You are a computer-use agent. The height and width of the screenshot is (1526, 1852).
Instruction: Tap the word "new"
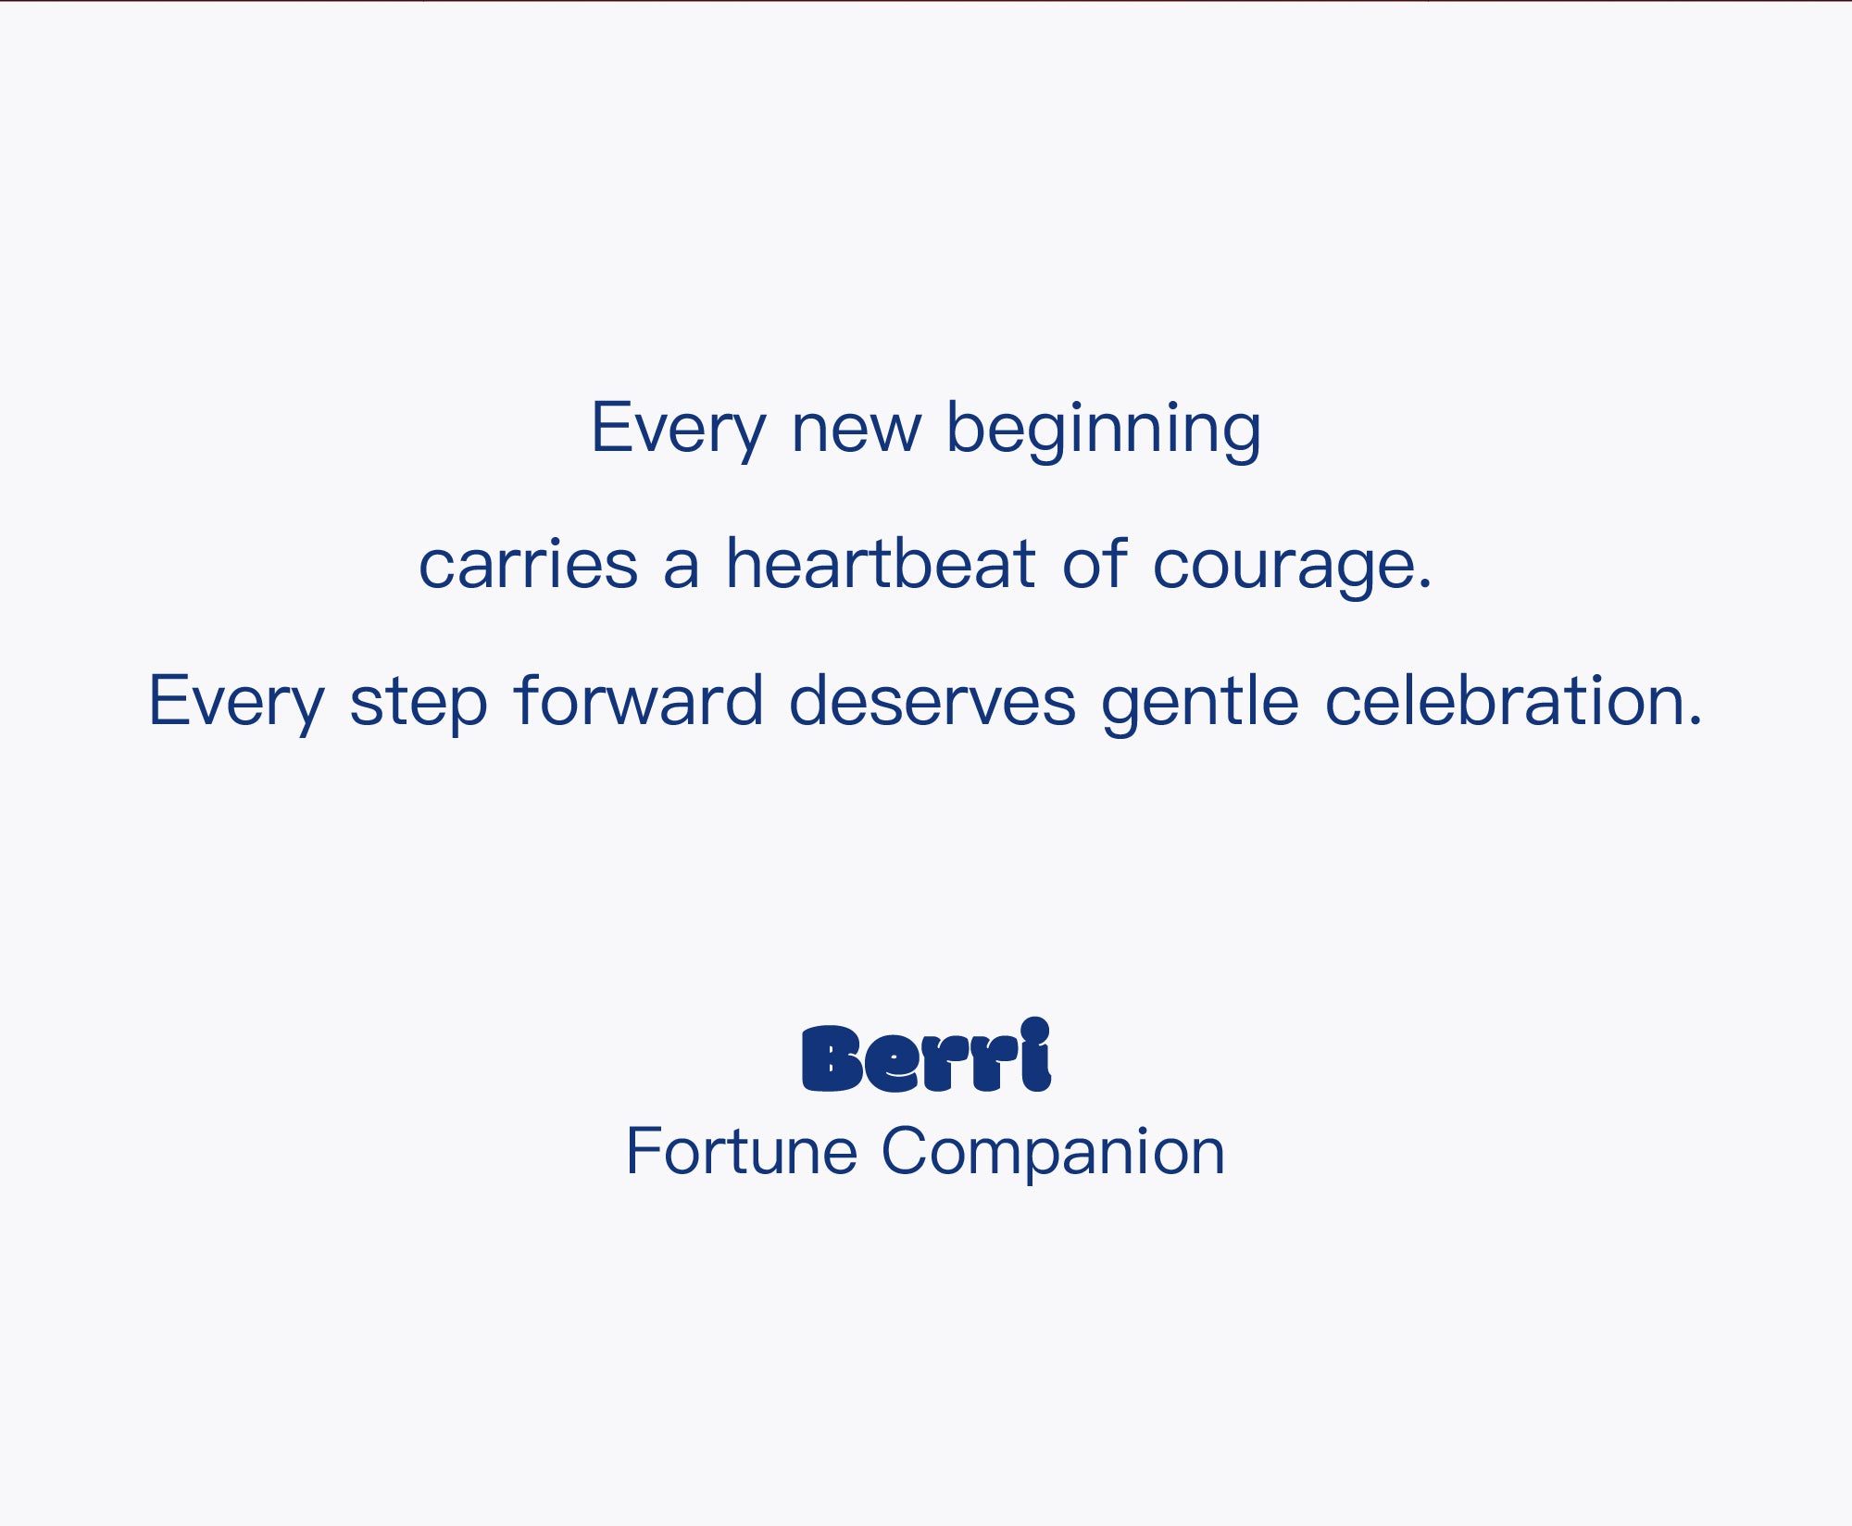[x=856, y=432]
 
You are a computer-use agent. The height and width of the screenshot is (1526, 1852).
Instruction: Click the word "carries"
[x=528, y=564]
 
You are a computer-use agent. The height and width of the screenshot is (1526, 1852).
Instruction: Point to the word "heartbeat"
[x=880, y=563]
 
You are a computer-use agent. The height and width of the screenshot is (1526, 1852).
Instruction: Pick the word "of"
[x=1095, y=563]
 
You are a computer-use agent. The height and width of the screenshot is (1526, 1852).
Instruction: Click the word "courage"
[x=1282, y=568]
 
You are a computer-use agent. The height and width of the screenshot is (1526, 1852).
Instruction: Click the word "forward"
[x=639, y=699]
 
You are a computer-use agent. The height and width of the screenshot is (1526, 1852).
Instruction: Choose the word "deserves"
[x=932, y=699]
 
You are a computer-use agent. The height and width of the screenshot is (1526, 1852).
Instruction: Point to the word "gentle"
[x=1200, y=704]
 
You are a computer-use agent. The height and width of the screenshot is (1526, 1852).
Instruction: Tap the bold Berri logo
[x=926, y=1056]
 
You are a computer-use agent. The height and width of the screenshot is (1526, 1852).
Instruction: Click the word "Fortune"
[x=742, y=1151]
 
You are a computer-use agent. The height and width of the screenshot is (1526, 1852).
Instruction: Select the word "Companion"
[x=1053, y=1155]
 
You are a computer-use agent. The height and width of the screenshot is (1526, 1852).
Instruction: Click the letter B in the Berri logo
[x=832, y=1058]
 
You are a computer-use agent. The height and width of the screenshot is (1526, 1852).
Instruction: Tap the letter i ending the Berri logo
[x=1035, y=1055]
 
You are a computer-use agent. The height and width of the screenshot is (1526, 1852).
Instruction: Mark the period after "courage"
[x=1423, y=583]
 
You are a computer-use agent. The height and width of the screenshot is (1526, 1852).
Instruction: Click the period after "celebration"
[x=1695, y=720]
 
